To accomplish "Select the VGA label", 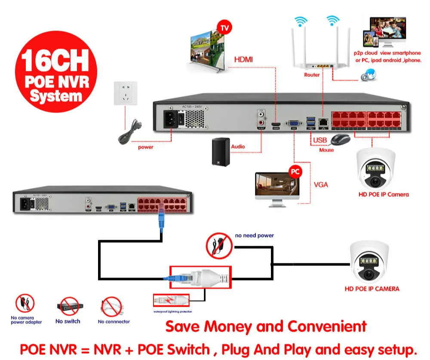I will (320, 185).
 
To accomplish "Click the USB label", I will (320, 140).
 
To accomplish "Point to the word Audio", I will (238, 146).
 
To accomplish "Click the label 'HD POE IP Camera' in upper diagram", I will (384, 194).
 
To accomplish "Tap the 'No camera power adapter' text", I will (26, 320).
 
